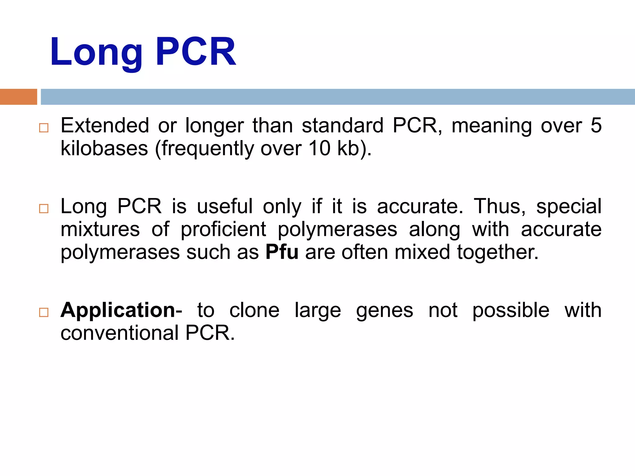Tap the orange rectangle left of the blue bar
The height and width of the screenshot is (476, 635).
coord(18,97)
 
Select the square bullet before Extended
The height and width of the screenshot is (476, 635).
coord(44,128)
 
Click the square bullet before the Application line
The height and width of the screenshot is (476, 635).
coord(44,312)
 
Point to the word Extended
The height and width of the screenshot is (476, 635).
coord(105,126)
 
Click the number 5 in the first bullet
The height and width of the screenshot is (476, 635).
coord(596,126)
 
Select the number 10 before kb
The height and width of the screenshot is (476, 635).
coord(319,148)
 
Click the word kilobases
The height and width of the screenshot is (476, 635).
coord(104,148)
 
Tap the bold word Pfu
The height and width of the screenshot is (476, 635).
coord(282,252)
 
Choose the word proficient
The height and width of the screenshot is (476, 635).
coord(223,229)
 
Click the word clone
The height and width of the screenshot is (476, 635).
coord(254,310)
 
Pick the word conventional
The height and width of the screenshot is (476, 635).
coord(120,333)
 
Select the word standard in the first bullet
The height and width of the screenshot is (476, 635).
coord(343,126)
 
